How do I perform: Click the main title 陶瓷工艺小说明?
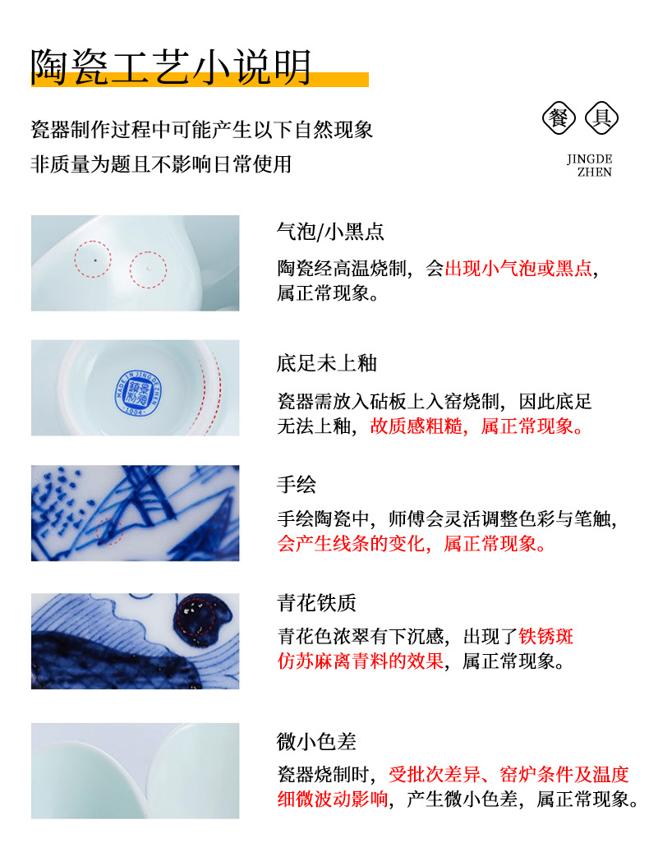tap(171, 67)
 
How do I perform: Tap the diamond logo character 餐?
tap(559, 117)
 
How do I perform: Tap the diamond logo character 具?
tap(601, 117)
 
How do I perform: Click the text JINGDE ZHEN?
tap(589, 166)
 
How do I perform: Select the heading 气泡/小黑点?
tap(330, 232)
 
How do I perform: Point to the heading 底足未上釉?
tap(327, 363)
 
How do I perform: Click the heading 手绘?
tap(297, 485)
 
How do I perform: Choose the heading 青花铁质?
tap(316, 602)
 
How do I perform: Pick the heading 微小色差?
tap(316, 741)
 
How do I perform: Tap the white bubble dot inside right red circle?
tap(148, 268)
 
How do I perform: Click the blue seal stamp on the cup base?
tap(136, 392)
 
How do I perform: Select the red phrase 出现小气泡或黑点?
tap(518, 269)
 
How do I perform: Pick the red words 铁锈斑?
tap(545, 636)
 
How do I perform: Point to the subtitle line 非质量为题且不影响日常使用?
tap(161, 164)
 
